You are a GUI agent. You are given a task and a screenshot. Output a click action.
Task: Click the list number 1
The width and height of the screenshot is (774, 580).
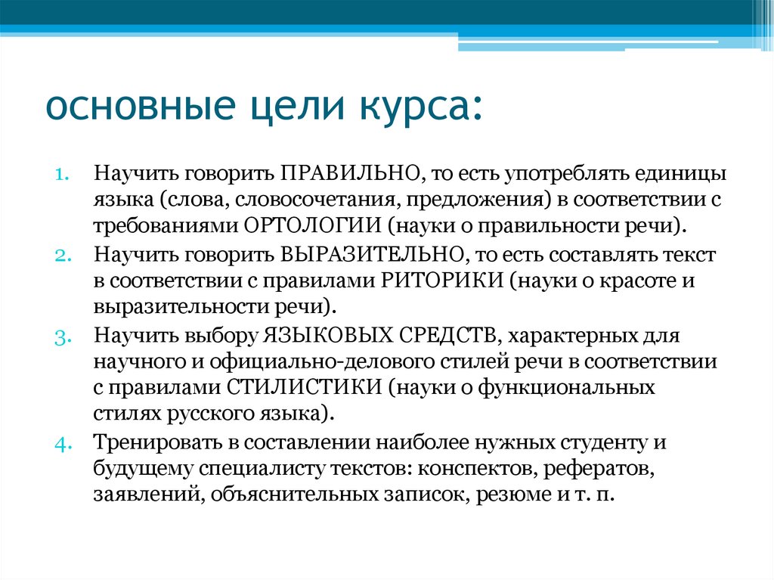[x=62, y=174]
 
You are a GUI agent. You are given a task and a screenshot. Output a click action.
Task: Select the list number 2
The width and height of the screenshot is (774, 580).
[x=62, y=255]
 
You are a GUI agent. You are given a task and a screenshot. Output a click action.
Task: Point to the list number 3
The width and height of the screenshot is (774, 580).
[x=62, y=336]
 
